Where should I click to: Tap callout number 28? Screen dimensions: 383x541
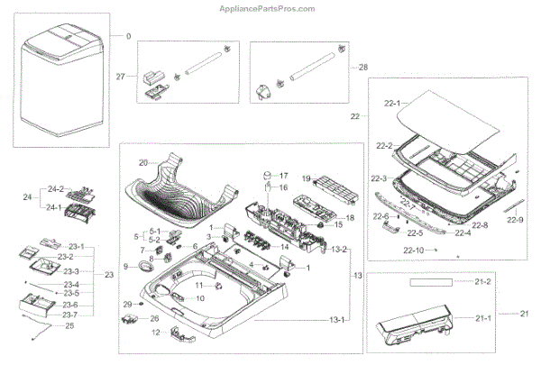point(364,68)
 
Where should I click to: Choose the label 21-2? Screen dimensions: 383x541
point(483,283)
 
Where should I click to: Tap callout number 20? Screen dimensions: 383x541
point(142,163)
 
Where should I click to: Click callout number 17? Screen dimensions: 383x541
point(282,175)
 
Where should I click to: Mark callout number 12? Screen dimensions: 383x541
point(155,333)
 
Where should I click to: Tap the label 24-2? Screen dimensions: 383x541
point(56,189)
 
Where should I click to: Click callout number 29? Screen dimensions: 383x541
point(127,304)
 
